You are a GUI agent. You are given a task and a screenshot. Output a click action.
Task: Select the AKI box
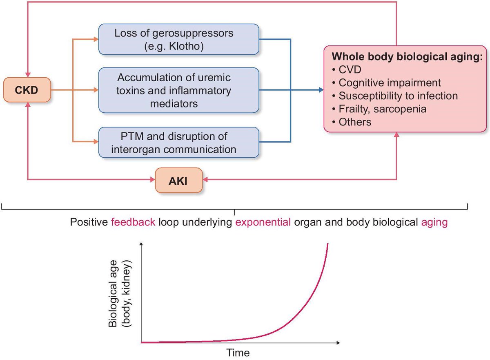click(178, 180)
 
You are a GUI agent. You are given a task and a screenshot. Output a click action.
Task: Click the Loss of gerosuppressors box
click(178, 39)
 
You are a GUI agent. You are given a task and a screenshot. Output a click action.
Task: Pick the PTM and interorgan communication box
click(178, 142)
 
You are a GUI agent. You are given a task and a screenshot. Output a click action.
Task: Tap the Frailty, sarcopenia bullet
click(382, 109)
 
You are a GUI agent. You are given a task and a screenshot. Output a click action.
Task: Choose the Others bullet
click(355, 122)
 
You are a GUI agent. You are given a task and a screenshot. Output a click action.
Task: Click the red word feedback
click(133, 223)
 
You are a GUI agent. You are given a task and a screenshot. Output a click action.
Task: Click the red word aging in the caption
click(434, 223)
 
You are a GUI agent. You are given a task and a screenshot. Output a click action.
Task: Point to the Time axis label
click(238, 352)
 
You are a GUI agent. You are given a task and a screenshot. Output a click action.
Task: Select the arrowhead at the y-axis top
click(141, 244)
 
